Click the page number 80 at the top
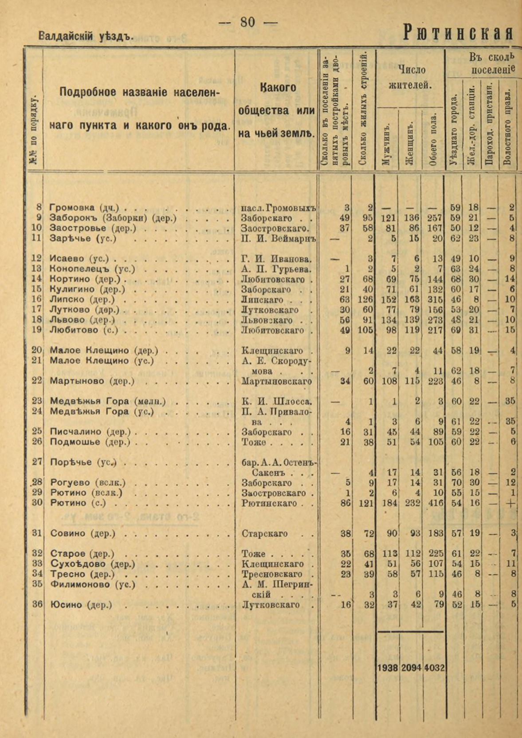point(248,22)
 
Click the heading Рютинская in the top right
point(458,33)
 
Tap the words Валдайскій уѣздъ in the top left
point(86,36)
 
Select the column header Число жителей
point(411,77)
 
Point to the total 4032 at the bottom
point(434,668)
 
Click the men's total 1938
point(387,668)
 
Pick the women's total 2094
point(411,668)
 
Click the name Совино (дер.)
point(83,533)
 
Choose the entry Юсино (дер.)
point(81,605)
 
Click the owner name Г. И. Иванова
point(276,259)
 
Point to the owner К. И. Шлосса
point(276,401)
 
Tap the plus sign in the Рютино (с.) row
point(511,503)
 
